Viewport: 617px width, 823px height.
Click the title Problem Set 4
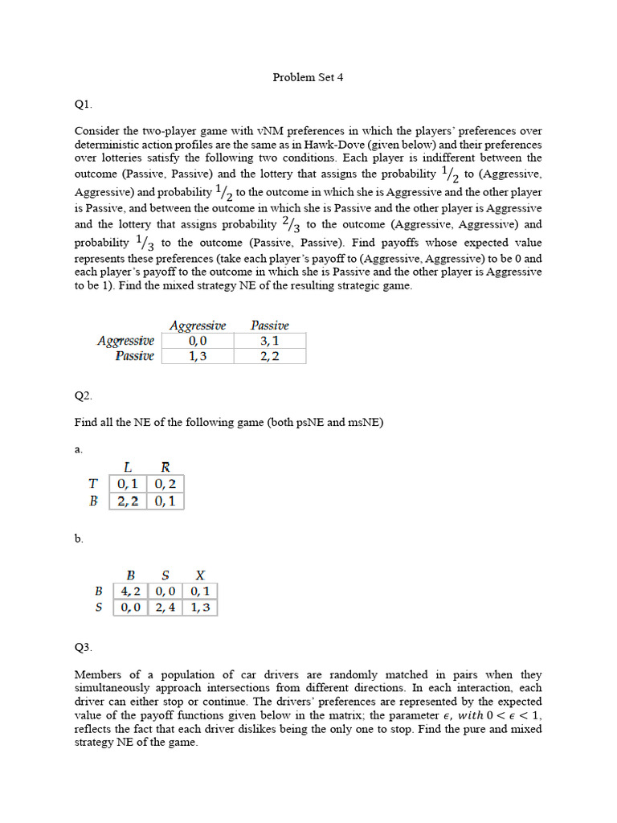tap(308, 78)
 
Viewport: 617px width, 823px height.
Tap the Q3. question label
tap(84, 646)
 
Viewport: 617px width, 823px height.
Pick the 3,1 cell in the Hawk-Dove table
tap(269, 341)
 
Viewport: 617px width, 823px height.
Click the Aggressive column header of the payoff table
tap(198, 326)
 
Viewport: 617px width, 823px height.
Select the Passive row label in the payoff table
tap(134, 356)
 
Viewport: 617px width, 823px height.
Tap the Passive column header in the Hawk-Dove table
tap(269, 326)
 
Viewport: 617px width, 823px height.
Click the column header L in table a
tap(128, 467)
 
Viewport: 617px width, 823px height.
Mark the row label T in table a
tap(93, 484)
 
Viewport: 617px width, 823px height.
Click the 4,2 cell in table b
tap(130, 591)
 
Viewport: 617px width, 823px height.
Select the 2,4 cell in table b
tap(165, 608)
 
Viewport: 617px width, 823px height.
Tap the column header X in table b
tap(199, 575)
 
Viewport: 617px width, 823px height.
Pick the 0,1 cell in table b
tap(199, 591)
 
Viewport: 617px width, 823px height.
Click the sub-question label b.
tap(79, 538)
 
